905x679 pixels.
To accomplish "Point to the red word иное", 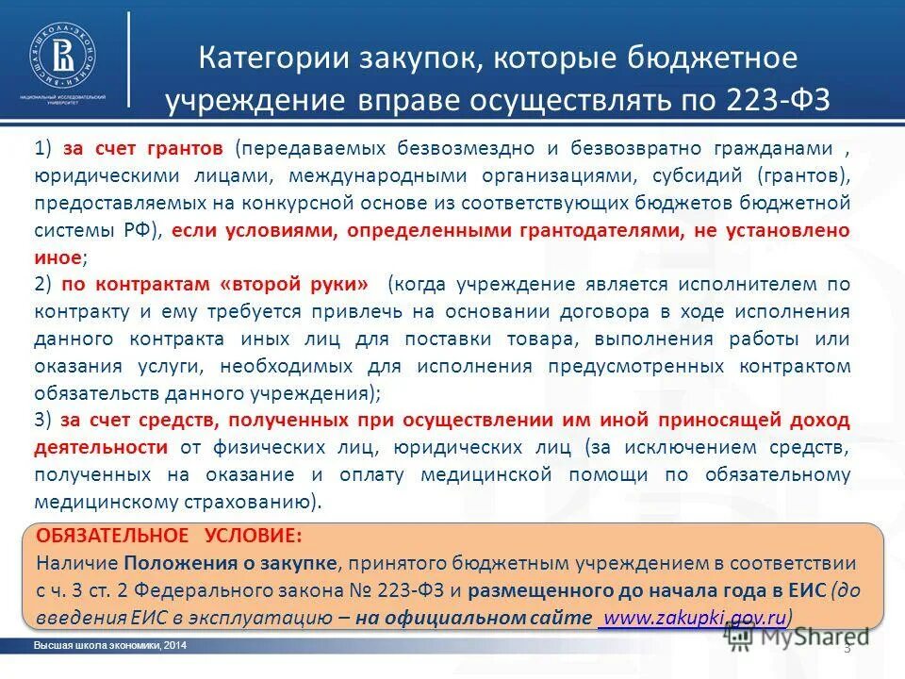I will pos(58,257).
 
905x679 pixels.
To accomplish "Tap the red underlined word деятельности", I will pos(97,447).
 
